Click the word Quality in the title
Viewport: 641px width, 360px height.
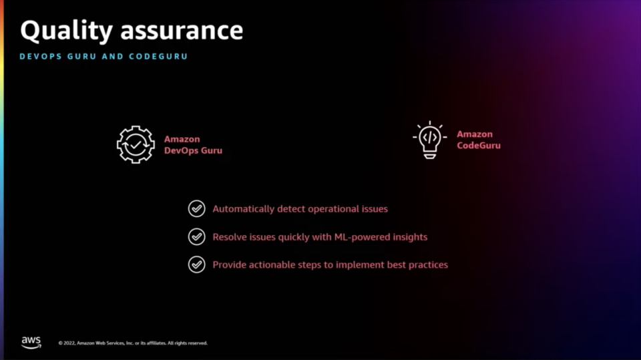coord(66,31)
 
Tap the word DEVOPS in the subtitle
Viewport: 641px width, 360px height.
coord(41,57)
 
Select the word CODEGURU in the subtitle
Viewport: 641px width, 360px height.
coord(158,57)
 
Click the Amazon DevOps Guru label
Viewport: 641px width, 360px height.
coord(193,145)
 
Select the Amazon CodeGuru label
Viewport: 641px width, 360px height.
coord(478,140)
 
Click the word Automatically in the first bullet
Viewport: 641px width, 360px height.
coord(243,209)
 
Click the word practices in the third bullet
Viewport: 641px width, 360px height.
coord(428,265)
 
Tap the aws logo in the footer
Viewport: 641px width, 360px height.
coord(31,343)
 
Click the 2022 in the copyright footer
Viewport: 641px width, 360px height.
coord(69,343)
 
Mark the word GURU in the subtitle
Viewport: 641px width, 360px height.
coord(81,57)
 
